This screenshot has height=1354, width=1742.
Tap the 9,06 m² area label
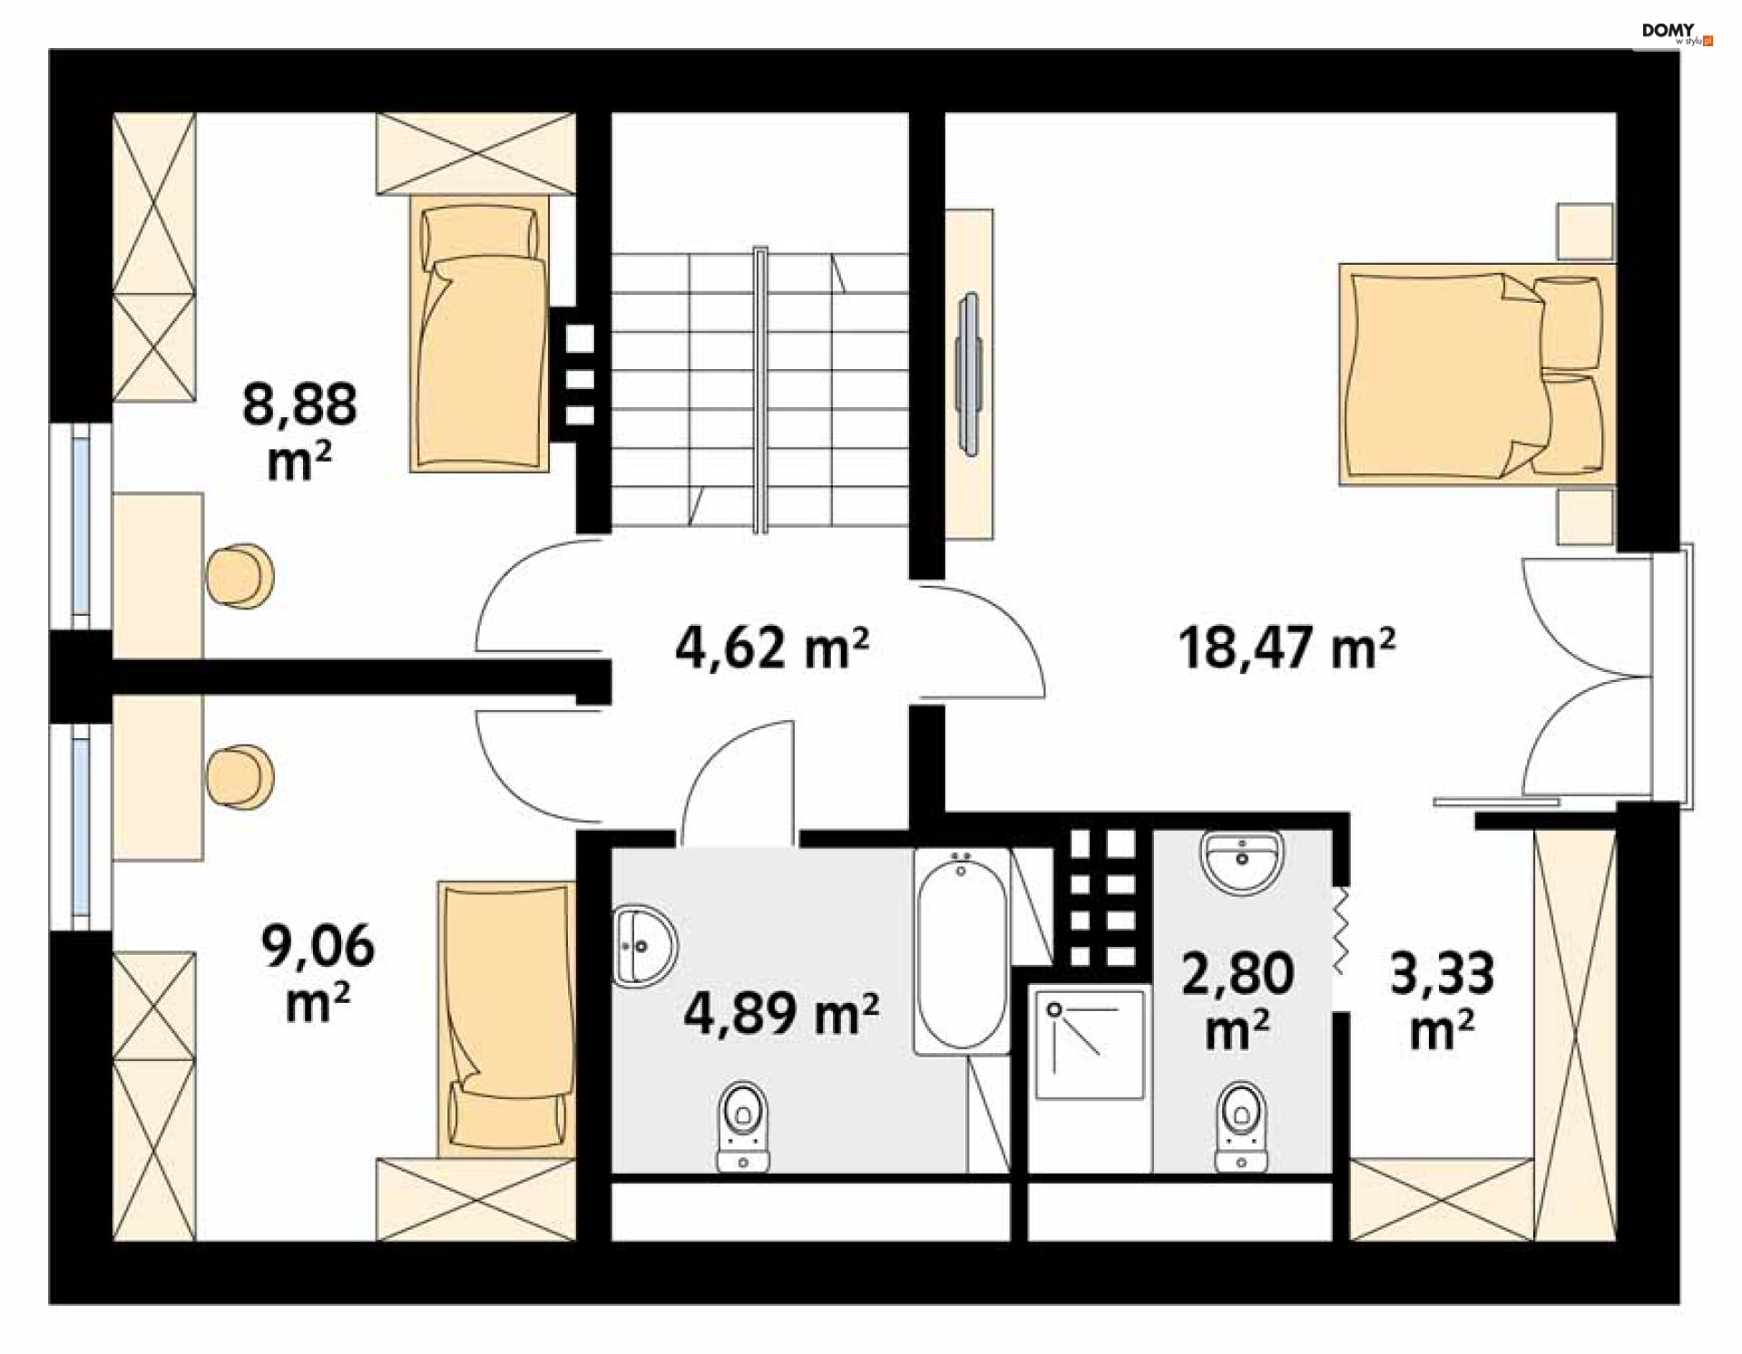(x=318, y=972)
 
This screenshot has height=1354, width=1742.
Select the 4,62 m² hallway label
(x=772, y=648)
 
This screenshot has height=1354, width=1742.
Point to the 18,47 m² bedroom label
(x=1287, y=648)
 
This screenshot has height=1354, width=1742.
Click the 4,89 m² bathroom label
(x=781, y=1012)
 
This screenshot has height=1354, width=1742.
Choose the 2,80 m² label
(x=1238, y=1000)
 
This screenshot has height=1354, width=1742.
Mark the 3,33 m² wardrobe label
(x=1442, y=1000)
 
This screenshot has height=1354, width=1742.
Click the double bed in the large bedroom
(x=1477, y=375)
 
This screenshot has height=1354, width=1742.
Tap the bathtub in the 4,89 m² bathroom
(x=962, y=951)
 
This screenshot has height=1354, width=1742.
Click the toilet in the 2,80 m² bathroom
(x=1241, y=1126)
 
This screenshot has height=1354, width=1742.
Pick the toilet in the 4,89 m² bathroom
(x=743, y=1126)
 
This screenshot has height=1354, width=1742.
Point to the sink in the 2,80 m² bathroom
(x=1241, y=861)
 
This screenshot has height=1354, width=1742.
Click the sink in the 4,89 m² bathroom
(x=644, y=946)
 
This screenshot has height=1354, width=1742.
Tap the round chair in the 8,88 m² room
(x=240, y=576)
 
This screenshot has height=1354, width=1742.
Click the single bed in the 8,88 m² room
(x=479, y=334)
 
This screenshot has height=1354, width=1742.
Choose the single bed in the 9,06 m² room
(x=506, y=1019)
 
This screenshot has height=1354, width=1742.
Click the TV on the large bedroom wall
(x=969, y=374)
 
